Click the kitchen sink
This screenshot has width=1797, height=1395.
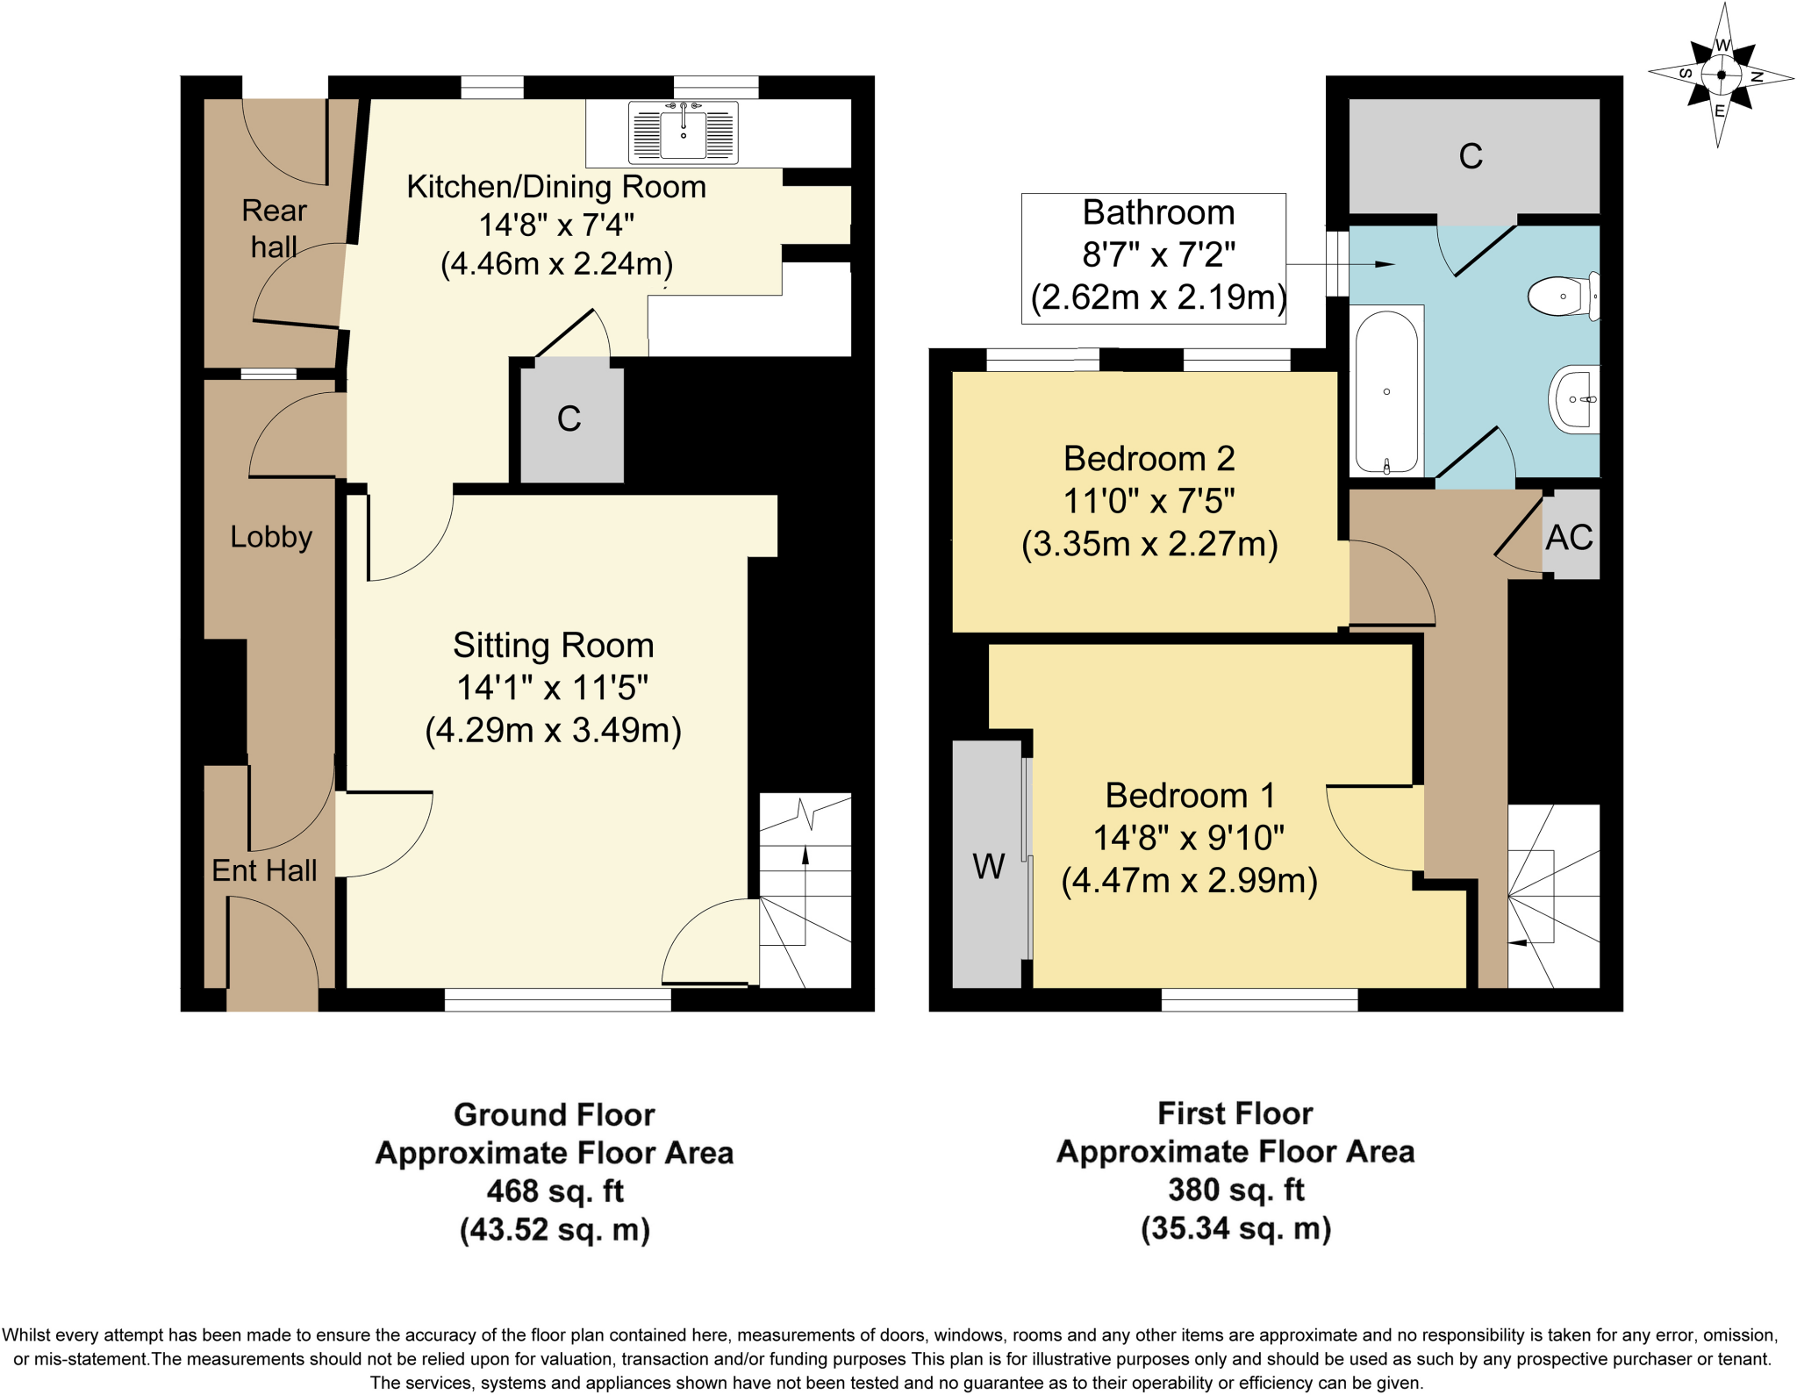click(x=683, y=133)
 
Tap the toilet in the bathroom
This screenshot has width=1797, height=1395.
click(x=1563, y=297)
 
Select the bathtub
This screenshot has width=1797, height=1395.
click(x=1386, y=391)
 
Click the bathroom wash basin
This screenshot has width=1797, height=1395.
click(x=1575, y=399)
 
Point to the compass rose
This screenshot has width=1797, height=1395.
click(x=1721, y=75)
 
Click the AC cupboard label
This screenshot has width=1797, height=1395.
click(x=1569, y=538)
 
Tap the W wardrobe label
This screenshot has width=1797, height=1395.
click(x=988, y=867)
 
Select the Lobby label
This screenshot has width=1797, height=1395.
click(x=271, y=537)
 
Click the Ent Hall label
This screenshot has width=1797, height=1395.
click(x=264, y=870)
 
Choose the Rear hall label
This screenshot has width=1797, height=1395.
click(x=274, y=228)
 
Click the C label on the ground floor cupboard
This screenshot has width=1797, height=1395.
click(x=569, y=418)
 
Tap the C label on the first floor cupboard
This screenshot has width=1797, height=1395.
click(x=1471, y=156)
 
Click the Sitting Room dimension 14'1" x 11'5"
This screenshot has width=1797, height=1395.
click(x=552, y=688)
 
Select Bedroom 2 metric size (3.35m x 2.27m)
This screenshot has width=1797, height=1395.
click(x=1149, y=544)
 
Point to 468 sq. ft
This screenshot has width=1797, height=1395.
click(x=555, y=1191)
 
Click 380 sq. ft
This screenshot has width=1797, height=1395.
click(x=1235, y=1190)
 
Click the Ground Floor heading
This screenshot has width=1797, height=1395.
click(x=554, y=1114)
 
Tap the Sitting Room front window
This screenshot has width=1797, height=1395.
click(x=557, y=999)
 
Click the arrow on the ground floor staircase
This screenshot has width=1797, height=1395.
click(x=805, y=856)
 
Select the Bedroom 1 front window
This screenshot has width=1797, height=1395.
click(x=1259, y=999)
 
